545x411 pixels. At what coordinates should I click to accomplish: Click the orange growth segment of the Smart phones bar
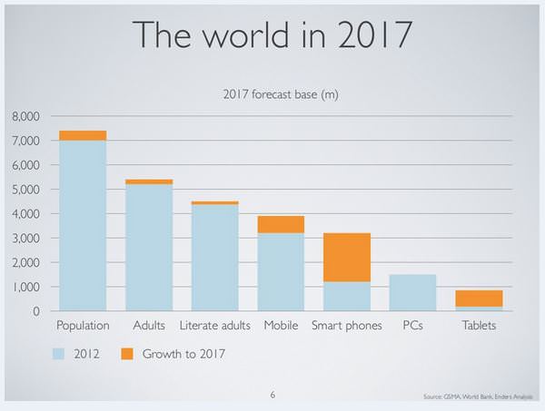tap(345, 257)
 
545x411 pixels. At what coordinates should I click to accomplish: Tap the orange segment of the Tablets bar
tap(478, 298)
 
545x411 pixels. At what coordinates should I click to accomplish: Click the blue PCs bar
tap(411, 292)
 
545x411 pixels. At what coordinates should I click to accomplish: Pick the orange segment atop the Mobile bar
tap(280, 224)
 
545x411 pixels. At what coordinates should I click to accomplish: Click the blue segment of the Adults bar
tap(148, 247)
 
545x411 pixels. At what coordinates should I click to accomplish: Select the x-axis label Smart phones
tap(346, 325)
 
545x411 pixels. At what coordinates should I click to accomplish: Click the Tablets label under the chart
tap(478, 325)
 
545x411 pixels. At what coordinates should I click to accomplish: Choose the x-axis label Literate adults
tap(214, 325)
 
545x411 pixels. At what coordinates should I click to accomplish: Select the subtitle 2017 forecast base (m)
tap(280, 94)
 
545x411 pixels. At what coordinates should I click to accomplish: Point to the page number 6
tap(272, 396)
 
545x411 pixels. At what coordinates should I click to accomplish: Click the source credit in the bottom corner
tap(478, 397)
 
